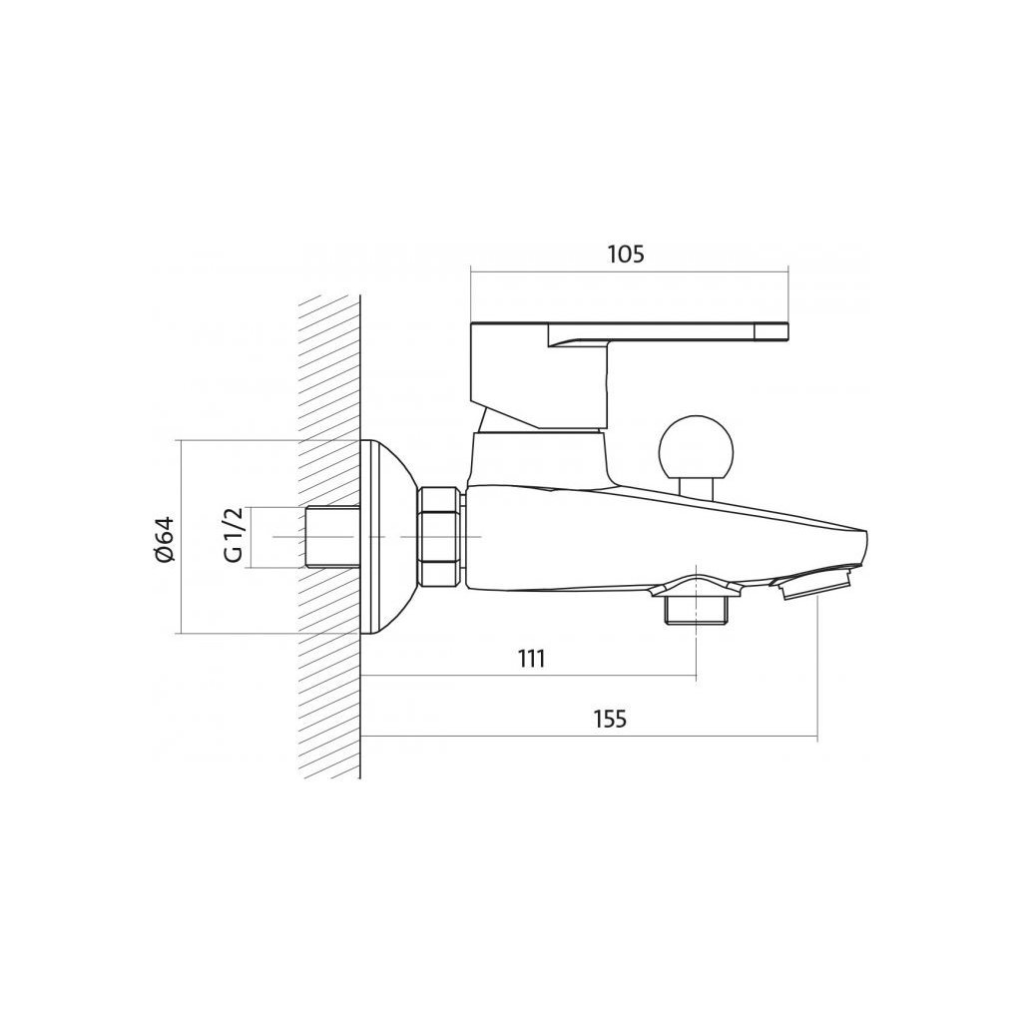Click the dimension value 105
(626, 255)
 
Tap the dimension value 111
(531, 659)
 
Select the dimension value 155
(610, 720)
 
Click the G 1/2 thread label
(233, 537)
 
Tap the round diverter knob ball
(696, 448)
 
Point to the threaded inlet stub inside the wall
(332, 537)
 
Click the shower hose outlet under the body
(696, 603)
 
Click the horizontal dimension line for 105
(629, 269)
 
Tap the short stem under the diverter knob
(696, 487)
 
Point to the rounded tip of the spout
(862, 545)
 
